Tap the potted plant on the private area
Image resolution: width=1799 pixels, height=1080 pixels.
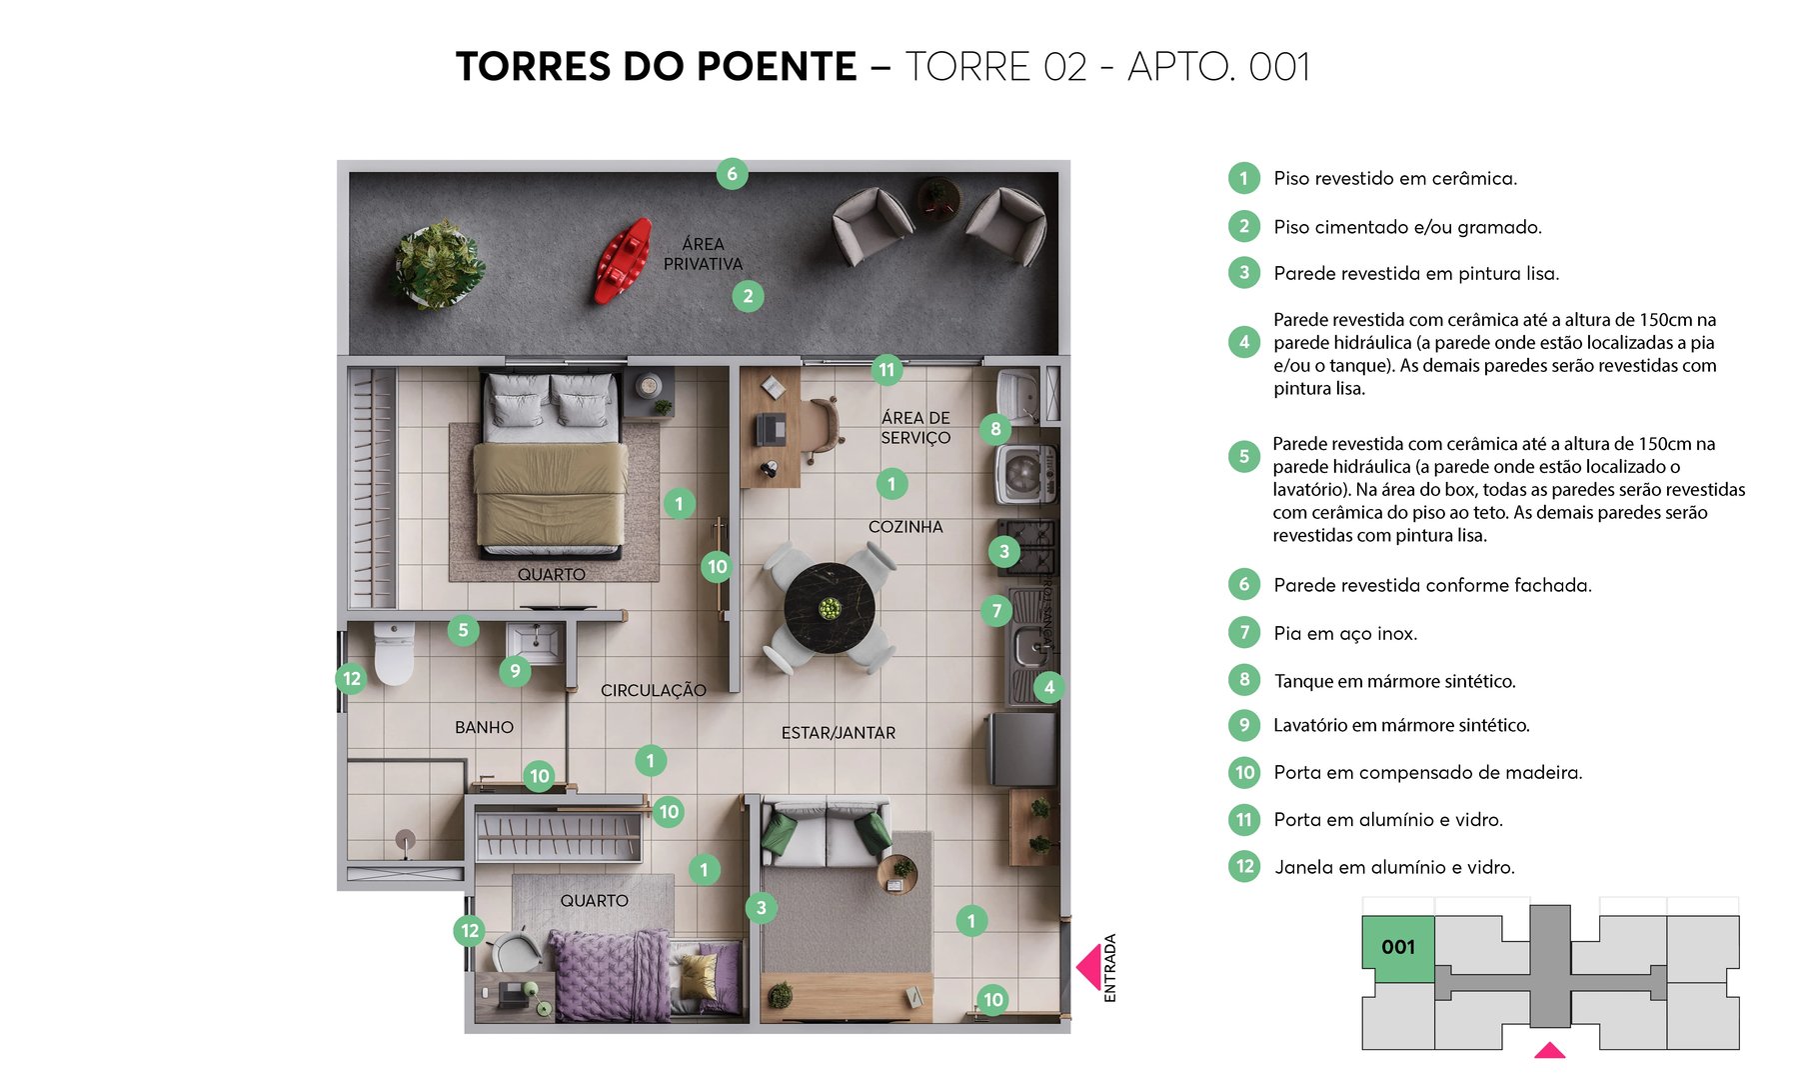click(438, 264)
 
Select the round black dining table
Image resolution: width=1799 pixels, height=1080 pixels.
click(830, 608)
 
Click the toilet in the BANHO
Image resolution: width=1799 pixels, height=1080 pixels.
click(394, 652)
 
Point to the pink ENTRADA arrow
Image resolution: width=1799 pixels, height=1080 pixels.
click(1089, 967)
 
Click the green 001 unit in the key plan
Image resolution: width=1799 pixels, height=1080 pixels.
click(1397, 945)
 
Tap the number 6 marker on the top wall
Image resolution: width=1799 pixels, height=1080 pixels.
click(732, 174)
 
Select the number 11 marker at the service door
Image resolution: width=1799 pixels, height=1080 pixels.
click(887, 370)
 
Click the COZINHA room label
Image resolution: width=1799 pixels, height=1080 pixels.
click(904, 527)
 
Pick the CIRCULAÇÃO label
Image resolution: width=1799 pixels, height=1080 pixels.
click(653, 690)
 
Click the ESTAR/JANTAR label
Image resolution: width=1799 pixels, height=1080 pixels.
click(838, 733)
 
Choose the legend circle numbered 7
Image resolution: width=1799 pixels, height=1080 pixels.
click(1244, 632)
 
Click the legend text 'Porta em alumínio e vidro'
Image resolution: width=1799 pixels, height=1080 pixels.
click(1387, 820)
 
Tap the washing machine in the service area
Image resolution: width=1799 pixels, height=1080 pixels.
click(1024, 474)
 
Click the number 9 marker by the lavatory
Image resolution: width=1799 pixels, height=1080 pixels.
click(515, 670)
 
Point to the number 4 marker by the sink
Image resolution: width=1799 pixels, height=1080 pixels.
click(1048, 687)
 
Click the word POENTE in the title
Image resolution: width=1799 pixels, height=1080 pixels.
click(776, 67)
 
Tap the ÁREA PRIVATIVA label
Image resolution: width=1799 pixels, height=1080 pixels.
click(703, 254)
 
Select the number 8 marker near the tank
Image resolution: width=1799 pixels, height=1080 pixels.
click(995, 429)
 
